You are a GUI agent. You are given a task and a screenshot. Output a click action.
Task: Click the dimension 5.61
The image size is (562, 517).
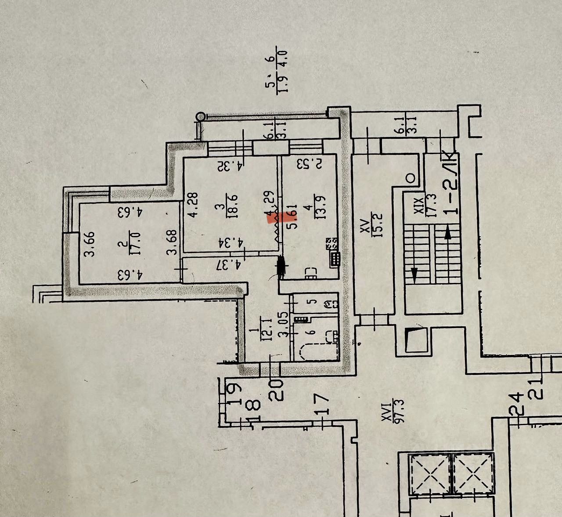tap(292, 216)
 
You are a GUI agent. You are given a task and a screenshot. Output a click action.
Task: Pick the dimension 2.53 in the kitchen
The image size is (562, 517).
tap(310, 164)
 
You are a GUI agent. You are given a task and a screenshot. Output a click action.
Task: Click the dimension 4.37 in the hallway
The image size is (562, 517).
tap(229, 264)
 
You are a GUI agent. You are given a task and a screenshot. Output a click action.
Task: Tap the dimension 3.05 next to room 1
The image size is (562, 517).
tap(284, 324)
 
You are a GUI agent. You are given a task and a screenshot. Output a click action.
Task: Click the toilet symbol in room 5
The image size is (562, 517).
tap(330, 303)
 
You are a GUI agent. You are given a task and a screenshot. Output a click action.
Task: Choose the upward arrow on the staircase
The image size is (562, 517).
tap(448, 233)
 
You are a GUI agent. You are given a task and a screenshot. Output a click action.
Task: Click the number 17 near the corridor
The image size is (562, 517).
tap(322, 404)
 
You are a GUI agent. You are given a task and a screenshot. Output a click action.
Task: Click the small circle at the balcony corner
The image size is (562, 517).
tap(201, 116)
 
